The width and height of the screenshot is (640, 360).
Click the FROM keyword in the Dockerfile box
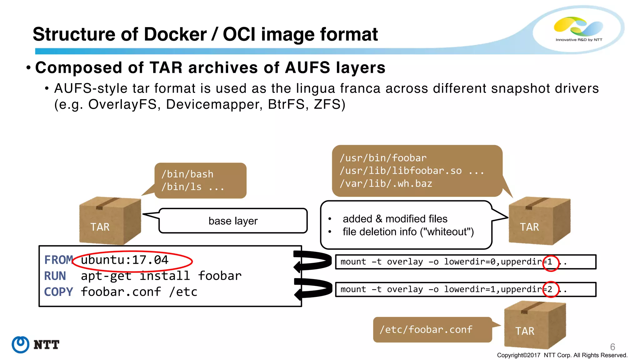tap(58, 260)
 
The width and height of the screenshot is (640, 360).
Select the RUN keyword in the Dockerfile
tap(55, 276)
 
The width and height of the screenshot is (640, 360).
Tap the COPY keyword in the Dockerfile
tap(58, 292)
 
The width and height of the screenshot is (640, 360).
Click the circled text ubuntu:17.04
tap(124, 260)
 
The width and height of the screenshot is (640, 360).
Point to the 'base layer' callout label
tap(233, 221)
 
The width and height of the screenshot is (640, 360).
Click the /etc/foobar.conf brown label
tap(426, 330)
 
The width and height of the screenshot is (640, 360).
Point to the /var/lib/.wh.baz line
tap(386, 184)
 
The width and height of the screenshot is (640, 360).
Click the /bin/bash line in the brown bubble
tap(187, 174)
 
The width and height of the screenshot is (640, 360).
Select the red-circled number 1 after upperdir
tap(550, 262)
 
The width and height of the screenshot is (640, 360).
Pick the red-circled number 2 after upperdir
tap(550, 289)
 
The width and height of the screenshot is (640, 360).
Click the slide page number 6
tap(612, 347)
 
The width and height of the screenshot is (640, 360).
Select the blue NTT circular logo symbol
tap(21, 345)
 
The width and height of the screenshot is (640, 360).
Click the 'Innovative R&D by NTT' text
tap(579, 40)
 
